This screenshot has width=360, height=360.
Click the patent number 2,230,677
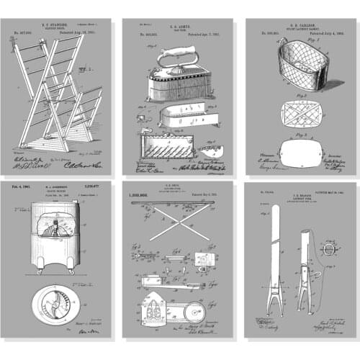tap(95, 186)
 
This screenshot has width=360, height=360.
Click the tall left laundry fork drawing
tap(274, 259)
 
